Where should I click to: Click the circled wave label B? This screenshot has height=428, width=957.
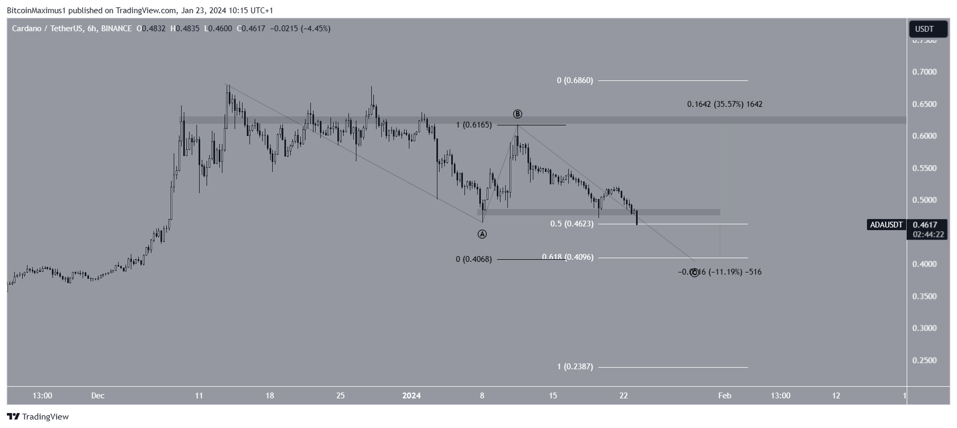tap(517, 114)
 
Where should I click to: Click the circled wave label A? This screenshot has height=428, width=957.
tap(482, 234)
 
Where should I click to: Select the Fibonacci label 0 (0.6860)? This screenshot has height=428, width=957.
tap(575, 80)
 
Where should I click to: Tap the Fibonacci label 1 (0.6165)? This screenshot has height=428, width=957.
tap(474, 125)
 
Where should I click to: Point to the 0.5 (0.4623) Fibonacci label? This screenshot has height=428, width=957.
tap(571, 224)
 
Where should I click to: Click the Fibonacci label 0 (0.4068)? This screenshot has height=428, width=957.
tap(473, 259)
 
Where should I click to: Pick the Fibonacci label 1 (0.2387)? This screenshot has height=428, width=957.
tap(575, 367)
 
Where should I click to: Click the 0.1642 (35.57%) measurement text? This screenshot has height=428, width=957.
tap(725, 104)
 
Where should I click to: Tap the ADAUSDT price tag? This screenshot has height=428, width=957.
tap(886, 225)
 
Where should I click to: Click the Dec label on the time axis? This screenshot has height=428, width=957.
tap(97, 396)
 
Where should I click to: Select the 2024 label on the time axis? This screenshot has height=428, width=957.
tap(412, 396)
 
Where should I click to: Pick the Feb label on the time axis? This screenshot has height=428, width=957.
tap(725, 396)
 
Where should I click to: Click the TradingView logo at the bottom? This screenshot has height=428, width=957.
tap(38, 417)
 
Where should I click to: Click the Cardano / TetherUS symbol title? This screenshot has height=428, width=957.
tap(47, 29)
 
